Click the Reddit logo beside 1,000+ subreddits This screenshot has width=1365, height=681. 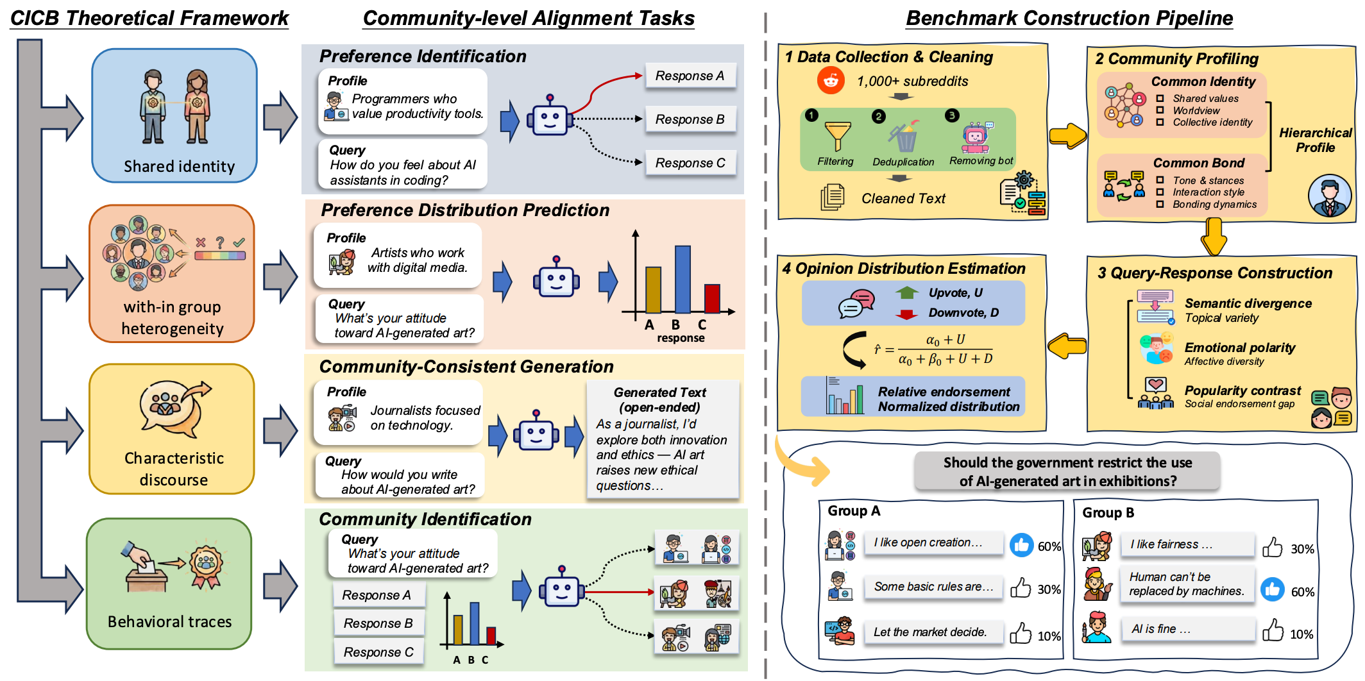pos(831,81)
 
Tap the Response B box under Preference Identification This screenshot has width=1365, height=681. pos(690,119)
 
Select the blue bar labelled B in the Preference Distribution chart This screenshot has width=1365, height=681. pos(682,279)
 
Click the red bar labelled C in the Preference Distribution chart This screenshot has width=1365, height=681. pos(711,298)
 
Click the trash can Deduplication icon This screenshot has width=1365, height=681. pos(904,137)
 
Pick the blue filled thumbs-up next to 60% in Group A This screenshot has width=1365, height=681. pos(1021,545)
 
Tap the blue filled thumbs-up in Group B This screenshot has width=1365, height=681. pos(1272,590)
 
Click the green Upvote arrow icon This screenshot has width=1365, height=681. pos(906,293)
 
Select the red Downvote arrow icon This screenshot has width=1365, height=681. pos(906,314)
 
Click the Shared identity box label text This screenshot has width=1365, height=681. pos(179,167)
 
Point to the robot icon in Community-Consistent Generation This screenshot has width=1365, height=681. pos(536,432)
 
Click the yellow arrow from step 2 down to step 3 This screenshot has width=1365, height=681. pos(1213,237)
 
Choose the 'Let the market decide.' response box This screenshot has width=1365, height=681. pos(929,632)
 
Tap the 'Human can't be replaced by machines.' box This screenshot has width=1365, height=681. pos(1187,584)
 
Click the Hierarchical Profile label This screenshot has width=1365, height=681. pos(1315,140)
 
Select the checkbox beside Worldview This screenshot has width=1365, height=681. pos(1160,110)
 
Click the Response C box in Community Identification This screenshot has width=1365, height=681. pos(378,652)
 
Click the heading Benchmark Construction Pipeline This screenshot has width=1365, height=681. pos(1069,18)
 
